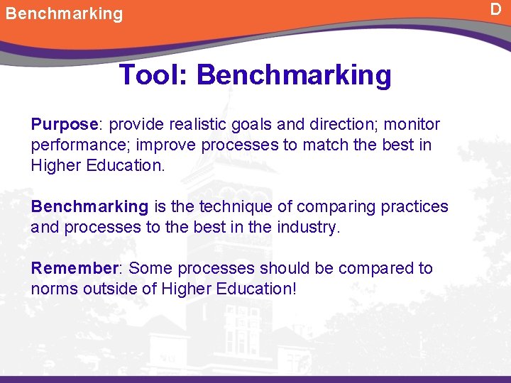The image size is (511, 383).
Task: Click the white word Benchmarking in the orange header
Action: click(64, 13)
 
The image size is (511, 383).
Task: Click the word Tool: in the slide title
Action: click(154, 74)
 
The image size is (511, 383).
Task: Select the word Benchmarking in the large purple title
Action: click(293, 74)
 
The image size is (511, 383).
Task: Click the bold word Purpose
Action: click(64, 125)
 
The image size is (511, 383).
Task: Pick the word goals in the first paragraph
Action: click(252, 125)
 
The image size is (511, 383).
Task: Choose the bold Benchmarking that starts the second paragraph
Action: click(89, 206)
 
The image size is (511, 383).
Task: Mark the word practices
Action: click(414, 206)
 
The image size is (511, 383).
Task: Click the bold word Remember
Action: click(74, 268)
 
